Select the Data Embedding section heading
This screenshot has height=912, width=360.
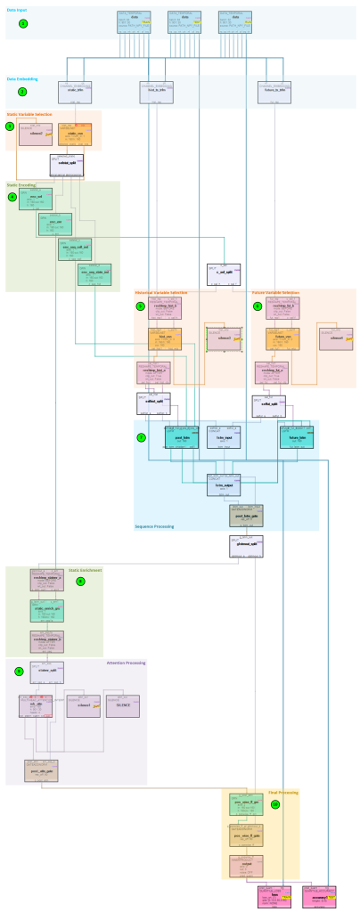point(22,78)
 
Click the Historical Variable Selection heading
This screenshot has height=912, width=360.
point(161,292)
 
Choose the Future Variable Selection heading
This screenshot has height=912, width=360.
point(275,292)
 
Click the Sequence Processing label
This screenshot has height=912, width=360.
point(155,526)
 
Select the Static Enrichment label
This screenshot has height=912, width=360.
point(85,569)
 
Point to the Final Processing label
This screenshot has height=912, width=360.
point(282,792)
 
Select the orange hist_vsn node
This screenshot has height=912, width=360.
point(165,338)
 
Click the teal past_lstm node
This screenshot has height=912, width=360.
point(182,438)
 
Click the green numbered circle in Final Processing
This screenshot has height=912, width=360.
point(275,804)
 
